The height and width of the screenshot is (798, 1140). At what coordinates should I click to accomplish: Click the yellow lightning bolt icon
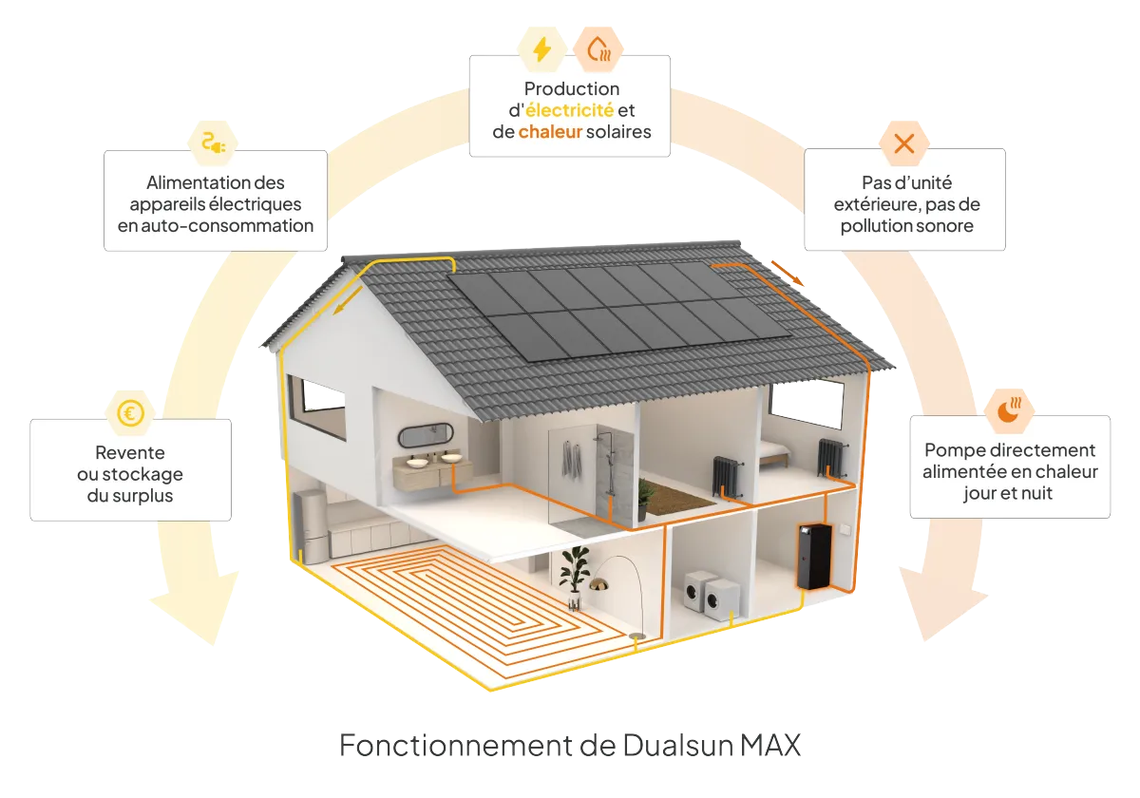tap(541, 49)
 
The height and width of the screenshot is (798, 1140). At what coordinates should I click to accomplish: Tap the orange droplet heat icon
tap(598, 49)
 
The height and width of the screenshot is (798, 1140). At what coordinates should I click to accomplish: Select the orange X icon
tap(903, 144)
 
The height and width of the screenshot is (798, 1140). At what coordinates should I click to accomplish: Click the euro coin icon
tap(129, 413)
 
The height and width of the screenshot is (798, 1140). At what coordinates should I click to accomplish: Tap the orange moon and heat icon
tap(1009, 410)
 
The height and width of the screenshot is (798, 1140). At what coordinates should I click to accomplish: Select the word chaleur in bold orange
tap(549, 132)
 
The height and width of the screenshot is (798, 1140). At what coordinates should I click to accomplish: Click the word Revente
tap(130, 453)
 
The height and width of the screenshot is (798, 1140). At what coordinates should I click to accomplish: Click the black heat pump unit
tap(815, 556)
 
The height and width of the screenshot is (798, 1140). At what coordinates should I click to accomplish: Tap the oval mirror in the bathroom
tap(425, 435)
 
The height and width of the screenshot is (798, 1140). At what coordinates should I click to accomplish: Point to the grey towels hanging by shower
tap(571, 461)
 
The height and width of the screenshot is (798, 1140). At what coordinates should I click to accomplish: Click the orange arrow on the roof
tap(786, 272)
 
